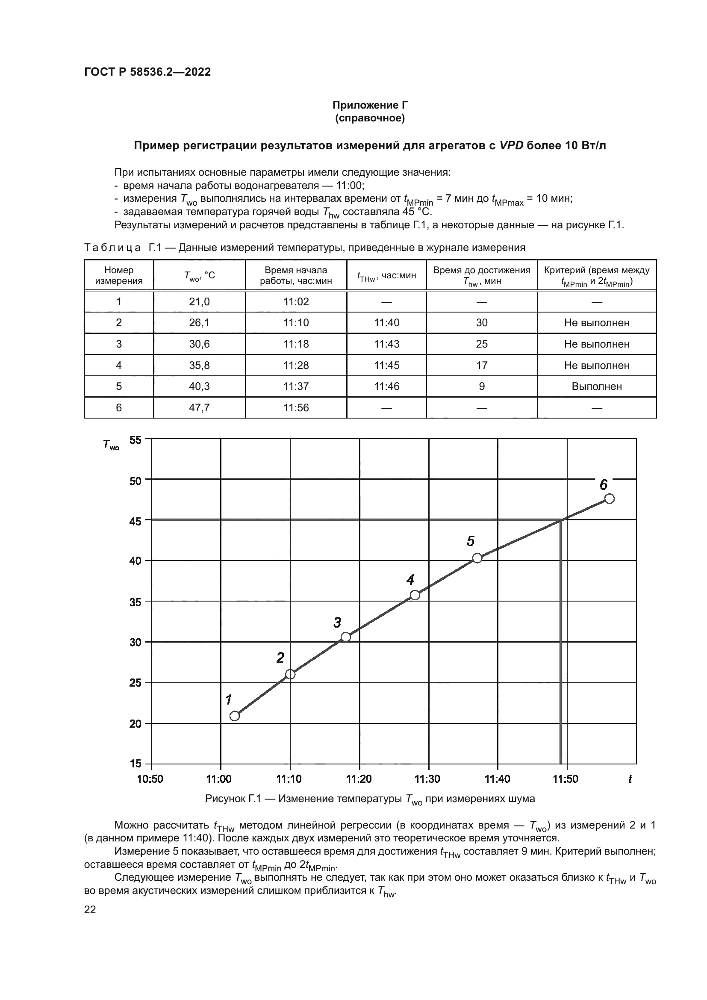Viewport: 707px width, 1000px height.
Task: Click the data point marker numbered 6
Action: pos(610,499)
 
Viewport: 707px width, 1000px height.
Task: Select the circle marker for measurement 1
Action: pos(235,716)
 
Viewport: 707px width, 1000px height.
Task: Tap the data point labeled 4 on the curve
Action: pos(415,595)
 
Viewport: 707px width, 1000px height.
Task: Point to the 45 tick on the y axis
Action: pos(136,521)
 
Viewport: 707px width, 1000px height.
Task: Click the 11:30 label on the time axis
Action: pos(427,779)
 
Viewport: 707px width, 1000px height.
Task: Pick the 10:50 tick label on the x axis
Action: pos(150,779)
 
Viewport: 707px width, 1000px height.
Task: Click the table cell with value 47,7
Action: pos(199,408)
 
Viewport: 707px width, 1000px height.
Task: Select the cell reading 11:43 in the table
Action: pos(386,344)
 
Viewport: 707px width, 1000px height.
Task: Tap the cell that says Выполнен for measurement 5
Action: pos(596,386)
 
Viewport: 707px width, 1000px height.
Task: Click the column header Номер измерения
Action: pos(119,275)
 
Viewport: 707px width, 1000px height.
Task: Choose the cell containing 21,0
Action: pos(199,302)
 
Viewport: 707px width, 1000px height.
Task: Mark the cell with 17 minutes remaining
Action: pos(481,366)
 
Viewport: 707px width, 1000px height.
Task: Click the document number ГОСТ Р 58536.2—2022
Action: pos(147,72)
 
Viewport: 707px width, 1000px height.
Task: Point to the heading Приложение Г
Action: pos(370,105)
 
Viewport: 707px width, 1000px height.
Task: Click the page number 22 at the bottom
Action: pos(90,909)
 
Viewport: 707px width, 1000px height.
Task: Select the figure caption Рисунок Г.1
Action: pos(370,799)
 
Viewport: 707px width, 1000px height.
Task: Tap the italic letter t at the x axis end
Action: pos(630,779)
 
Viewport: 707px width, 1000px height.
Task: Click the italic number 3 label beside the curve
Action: pos(337,623)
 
